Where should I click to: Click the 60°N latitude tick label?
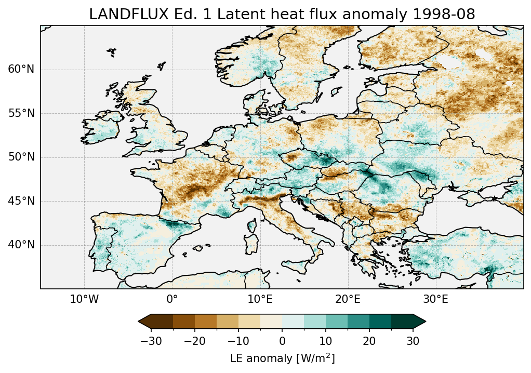coord(21,70)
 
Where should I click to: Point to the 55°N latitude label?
coord(21,113)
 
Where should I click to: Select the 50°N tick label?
coord(21,157)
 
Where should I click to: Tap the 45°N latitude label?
coord(21,201)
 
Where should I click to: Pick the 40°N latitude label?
coord(21,245)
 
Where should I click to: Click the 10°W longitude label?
coord(84,300)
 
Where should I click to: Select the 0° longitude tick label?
coord(172,300)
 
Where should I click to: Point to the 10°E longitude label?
coord(260,300)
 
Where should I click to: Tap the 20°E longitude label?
coord(348,300)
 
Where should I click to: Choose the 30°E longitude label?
coord(435,300)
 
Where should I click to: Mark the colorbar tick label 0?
coord(282,341)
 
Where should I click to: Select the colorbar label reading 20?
coord(369,341)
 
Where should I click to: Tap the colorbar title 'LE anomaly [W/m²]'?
coord(282,358)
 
